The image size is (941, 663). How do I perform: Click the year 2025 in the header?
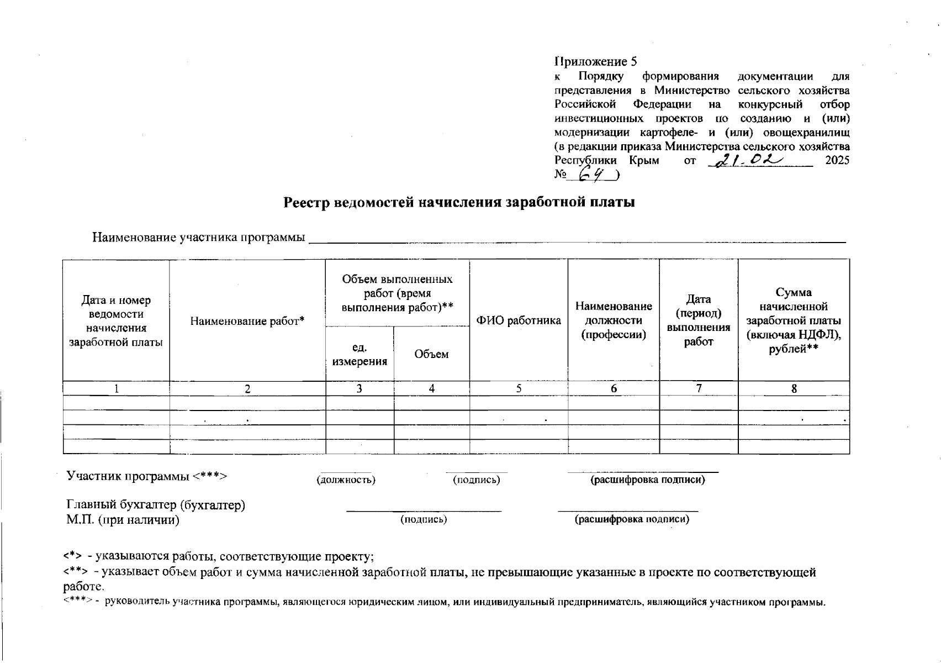pos(837,161)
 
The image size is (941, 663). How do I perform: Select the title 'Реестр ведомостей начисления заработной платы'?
pos(459,202)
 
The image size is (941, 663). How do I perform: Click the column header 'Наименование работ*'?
pos(247,321)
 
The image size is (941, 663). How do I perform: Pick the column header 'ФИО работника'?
pos(519,320)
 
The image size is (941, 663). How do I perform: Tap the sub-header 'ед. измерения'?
pos(360,354)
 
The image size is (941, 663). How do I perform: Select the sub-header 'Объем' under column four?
pos(431,354)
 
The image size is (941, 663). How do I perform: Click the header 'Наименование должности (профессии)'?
pos(614,320)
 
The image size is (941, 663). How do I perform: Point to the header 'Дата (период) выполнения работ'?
pos(699,320)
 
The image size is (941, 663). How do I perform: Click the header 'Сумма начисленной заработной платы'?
pos(794,320)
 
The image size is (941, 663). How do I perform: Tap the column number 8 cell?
pos(794,388)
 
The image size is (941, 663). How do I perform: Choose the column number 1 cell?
pos(116,388)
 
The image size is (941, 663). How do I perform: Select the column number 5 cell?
pos(519,388)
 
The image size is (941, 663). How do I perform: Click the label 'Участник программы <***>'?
pos(147,476)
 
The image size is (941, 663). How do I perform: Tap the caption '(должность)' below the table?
pos(346,480)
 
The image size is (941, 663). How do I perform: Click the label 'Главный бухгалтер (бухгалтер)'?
pos(156,505)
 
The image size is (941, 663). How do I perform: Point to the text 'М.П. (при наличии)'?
pos(123,520)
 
